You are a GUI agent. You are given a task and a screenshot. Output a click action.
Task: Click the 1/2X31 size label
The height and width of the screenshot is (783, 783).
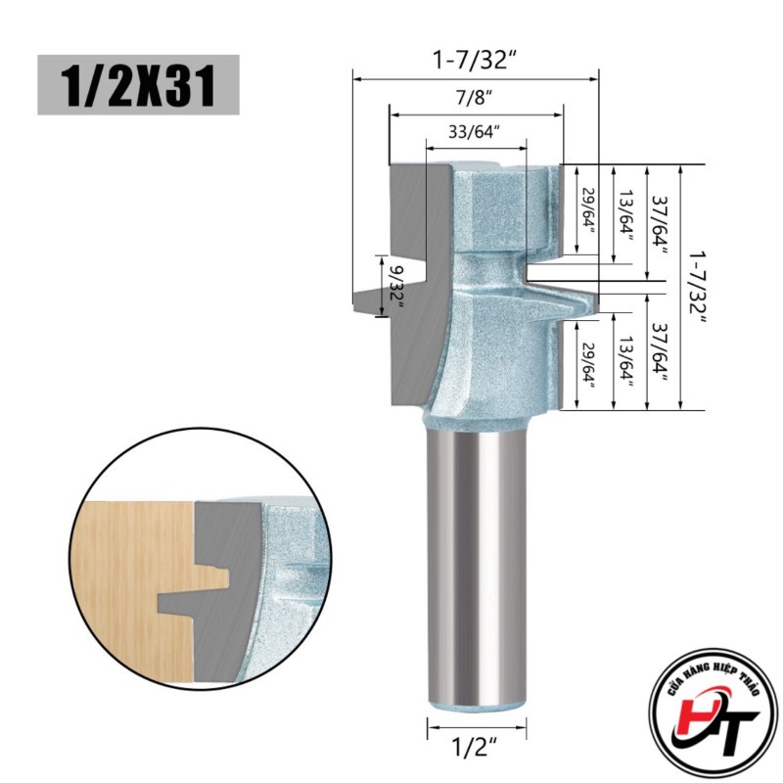(x=138, y=85)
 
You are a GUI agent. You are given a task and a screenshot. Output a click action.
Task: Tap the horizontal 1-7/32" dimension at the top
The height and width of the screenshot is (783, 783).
(x=475, y=61)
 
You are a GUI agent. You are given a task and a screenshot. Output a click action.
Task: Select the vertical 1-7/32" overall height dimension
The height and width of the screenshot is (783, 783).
(x=696, y=288)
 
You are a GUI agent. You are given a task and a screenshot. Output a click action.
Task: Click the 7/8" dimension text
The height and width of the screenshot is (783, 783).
(x=475, y=98)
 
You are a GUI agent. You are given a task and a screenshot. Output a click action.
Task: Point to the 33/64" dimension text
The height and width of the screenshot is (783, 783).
(x=475, y=132)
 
